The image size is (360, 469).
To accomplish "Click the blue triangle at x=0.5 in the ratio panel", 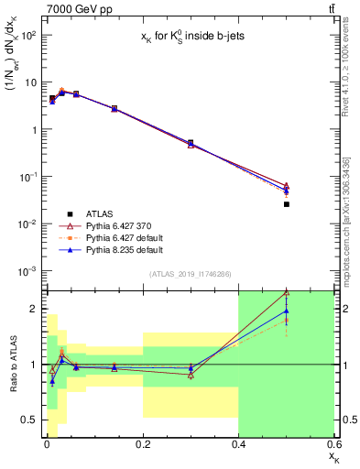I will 287,311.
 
